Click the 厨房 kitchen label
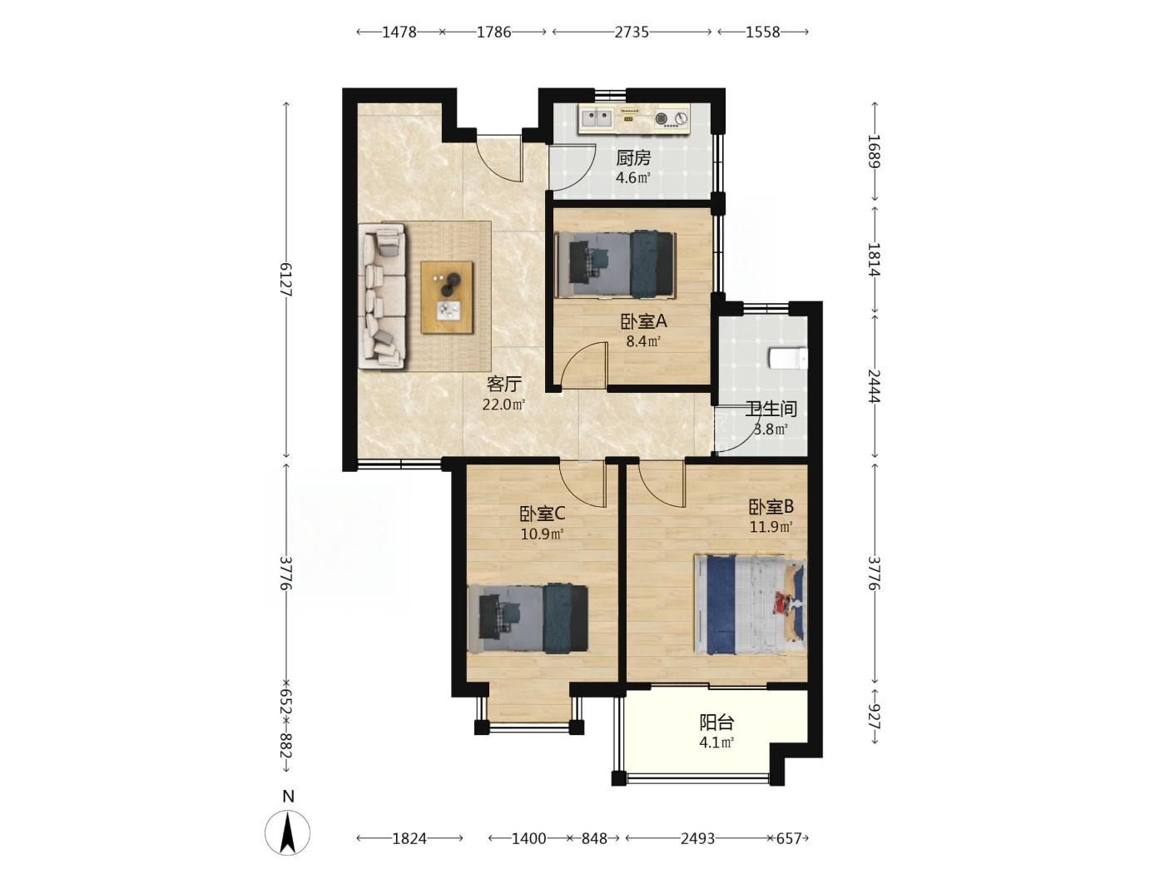pyautogui.click(x=632, y=157)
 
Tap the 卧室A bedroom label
pyautogui.click(x=643, y=321)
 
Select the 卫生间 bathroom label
pyautogui.click(x=771, y=409)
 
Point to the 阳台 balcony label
pyautogui.click(x=716, y=723)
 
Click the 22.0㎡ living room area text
pyautogui.click(x=503, y=405)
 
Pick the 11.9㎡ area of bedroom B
pyautogui.click(x=771, y=527)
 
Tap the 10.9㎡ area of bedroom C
pyautogui.click(x=542, y=534)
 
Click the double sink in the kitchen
pyautogui.click(x=597, y=118)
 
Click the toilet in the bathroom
pyautogui.click(x=788, y=358)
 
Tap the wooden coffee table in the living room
pyautogui.click(x=447, y=297)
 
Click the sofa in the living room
pyautogui.click(x=382, y=295)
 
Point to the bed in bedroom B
pyautogui.click(x=751, y=604)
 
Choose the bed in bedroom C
pyautogui.click(x=528, y=618)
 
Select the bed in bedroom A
pyautogui.click(x=616, y=264)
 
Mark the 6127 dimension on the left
pyautogui.click(x=286, y=279)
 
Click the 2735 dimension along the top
pyautogui.click(x=632, y=32)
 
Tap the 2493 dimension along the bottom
pyautogui.click(x=697, y=838)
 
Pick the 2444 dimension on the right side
pyautogui.click(x=874, y=385)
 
